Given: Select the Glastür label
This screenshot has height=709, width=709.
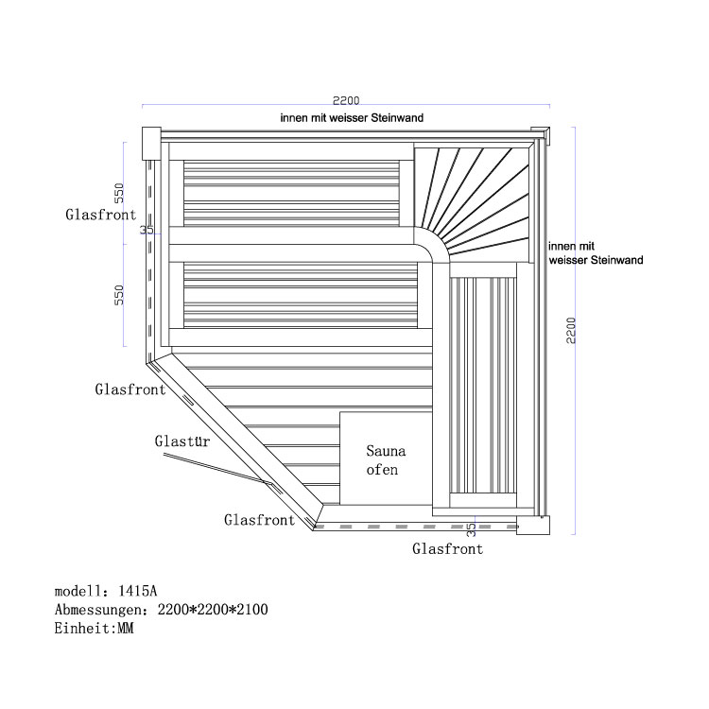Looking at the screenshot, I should (x=182, y=441).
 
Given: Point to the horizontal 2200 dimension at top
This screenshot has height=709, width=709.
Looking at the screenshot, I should (x=346, y=100).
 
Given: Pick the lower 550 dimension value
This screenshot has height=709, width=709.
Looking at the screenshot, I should (x=120, y=296).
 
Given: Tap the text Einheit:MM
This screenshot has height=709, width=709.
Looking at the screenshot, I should (x=94, y=629).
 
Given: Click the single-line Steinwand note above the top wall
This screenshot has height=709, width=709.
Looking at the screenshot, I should (x=351, y=118).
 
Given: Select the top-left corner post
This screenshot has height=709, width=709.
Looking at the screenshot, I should (x=150, y=143).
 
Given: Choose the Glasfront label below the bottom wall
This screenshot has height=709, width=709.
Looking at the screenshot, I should (x=447, y=548).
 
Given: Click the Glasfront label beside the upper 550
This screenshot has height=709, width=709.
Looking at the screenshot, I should (x=101, y=215).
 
